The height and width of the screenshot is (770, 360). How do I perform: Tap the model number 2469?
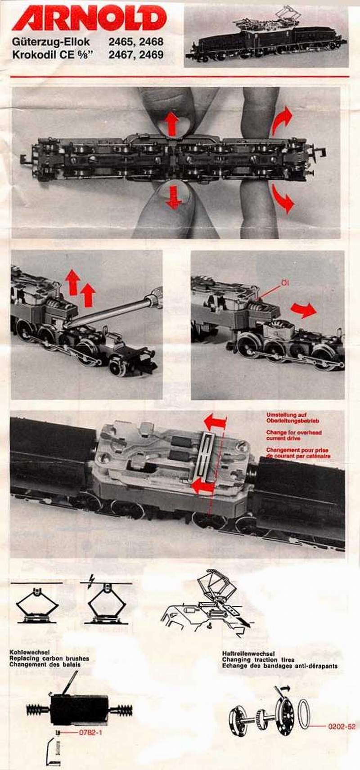[151, 55]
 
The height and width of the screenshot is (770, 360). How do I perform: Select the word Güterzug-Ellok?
[51, 42]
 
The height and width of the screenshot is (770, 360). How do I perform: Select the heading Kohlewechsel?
[30, 652]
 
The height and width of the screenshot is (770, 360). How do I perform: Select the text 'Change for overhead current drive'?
[294, 435]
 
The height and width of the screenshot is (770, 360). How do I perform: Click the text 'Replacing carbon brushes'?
[49, 658]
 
